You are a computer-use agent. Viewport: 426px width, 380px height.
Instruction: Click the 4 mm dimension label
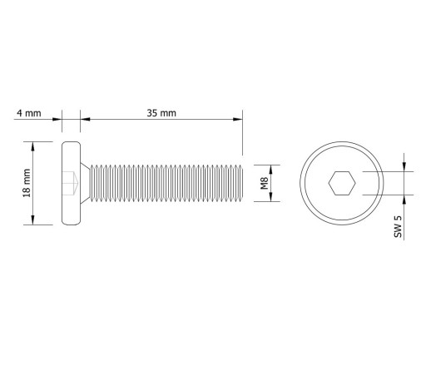[x=29, y=113]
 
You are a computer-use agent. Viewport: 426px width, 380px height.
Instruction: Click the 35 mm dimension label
[x=161, y=113]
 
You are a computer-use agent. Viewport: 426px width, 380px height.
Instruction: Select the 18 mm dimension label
[x=27, y=183]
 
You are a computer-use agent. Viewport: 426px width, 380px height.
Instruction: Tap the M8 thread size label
[x=265, y=183]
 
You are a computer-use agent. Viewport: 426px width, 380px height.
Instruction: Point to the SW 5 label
[x=398, y=226]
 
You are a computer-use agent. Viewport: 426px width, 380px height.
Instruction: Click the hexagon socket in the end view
[x=342, y=183]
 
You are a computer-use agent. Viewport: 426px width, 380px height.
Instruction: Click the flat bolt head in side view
[x=71, y=183]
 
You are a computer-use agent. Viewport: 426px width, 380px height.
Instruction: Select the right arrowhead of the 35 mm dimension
[x=238, y=119]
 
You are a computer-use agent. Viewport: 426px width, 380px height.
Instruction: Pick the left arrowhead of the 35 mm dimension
[x=85, y=119]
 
